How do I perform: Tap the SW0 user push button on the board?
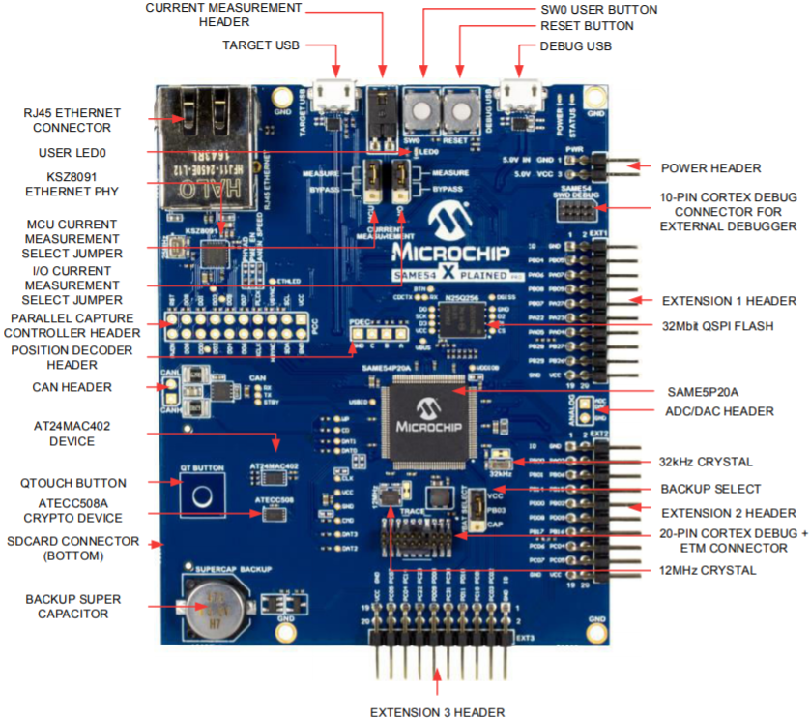click(x=421, y=109)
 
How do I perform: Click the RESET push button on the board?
click(x=460, y=111)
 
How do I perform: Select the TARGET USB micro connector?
click(x=335, y=95)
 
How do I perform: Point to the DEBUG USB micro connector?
click(x=518, y=95)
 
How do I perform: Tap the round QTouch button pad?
click(x=202, y=496)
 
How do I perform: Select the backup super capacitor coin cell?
click(x=215, y=608)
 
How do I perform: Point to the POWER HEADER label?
click(x=709, y=166)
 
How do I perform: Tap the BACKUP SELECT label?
click(x=709, y=489)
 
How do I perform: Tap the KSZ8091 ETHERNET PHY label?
click(x=72, y=184)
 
